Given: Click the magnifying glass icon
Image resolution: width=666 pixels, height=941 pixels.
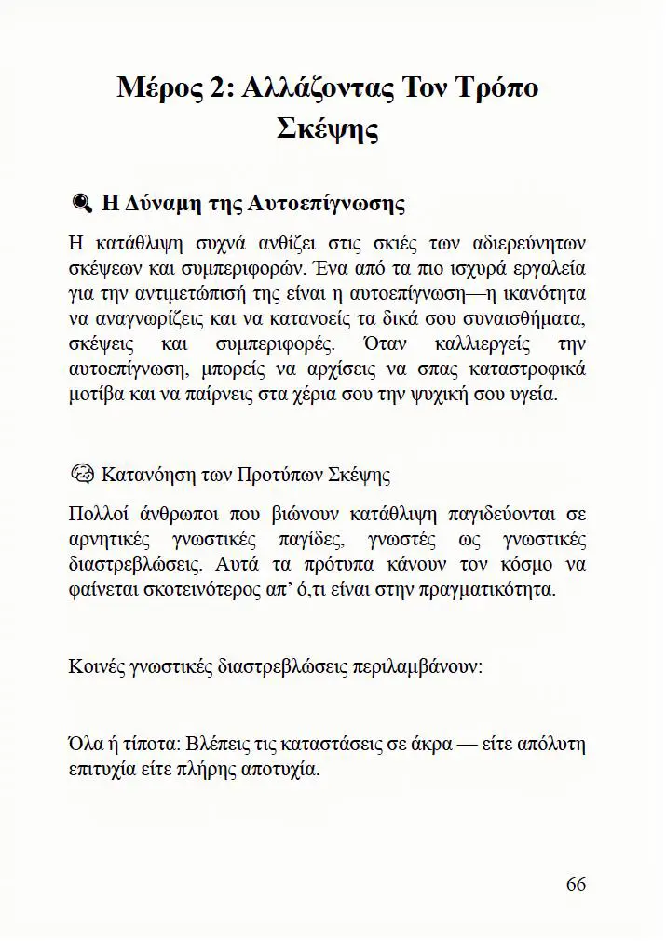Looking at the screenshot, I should (80, 204).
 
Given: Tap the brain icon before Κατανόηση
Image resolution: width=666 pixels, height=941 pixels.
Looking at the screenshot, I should (80, 474).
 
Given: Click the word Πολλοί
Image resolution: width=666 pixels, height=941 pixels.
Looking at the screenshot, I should (97, 514).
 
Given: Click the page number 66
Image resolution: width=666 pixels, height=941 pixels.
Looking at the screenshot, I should (576, 883).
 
